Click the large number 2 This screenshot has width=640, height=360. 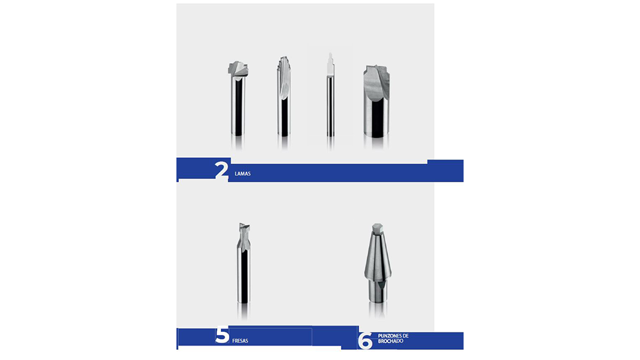221,170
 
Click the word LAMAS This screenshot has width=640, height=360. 243,173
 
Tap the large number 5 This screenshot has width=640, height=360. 222,335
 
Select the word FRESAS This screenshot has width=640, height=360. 240,341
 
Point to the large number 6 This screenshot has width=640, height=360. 365,341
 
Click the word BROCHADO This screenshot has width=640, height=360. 390,341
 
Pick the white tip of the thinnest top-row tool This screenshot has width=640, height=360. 330,64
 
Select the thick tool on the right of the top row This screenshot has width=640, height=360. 376,101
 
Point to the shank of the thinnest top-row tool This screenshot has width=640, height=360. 330,106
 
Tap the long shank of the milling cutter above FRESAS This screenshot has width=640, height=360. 243,277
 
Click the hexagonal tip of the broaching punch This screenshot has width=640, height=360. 377,229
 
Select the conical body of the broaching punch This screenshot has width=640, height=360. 377,255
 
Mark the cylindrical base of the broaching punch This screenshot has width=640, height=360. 377,291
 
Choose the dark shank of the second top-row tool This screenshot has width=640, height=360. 283,116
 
